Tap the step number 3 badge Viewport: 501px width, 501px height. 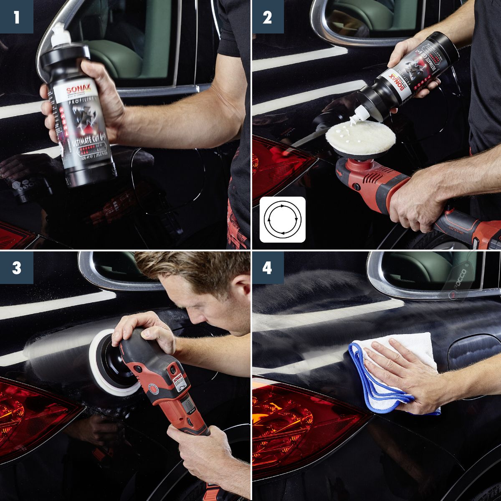(x=16, y=268)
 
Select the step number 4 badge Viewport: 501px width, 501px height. (x=267, y=268)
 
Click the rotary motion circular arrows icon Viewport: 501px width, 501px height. (x=283, y=220)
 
